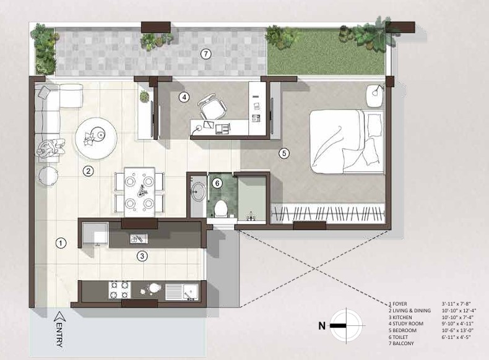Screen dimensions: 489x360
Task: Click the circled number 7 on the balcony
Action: point(206,54)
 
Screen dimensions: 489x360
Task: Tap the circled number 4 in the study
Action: point(184,97)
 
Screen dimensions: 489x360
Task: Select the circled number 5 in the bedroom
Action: point(283,153)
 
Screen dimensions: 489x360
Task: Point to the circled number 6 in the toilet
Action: point(217,183)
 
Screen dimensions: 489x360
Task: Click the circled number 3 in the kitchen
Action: point(142,256)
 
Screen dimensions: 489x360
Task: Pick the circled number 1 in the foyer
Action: point(61,243)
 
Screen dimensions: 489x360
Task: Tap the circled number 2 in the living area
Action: point(89,171)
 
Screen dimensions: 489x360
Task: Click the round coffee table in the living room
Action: point(96,139)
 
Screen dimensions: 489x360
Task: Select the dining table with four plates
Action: point(140,192)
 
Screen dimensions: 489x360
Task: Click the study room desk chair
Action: point(213,108)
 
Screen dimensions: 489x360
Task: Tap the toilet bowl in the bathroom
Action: point(221,208)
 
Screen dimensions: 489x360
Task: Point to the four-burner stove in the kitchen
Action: point(119,290)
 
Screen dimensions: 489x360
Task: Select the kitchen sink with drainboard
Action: point(181,291)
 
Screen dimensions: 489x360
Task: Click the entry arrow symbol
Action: point(59,317)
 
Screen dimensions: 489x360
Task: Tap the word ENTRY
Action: point(59,335)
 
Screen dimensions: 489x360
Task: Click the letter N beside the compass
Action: point(322,326)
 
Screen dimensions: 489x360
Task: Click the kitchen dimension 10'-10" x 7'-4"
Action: point(457,317)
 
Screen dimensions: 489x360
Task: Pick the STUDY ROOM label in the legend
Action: point(406,324)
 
